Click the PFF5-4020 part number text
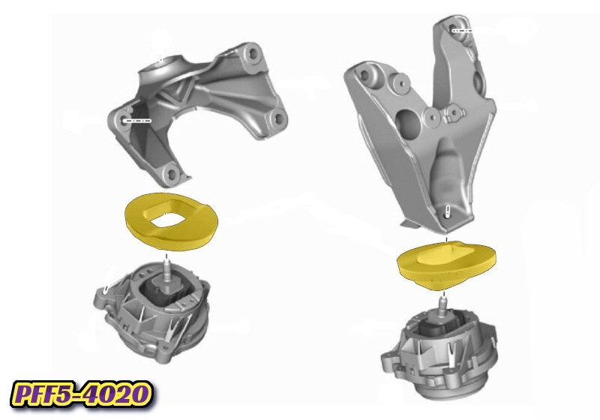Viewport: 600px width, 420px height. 80,392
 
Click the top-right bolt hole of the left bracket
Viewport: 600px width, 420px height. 250,54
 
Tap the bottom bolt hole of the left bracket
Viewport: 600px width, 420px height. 172,175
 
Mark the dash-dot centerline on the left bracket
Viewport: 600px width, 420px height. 137,120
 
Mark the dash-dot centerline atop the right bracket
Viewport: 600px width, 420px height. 461,31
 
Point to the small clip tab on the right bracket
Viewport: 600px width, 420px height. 452,114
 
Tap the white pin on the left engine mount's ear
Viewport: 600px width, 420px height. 109,289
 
